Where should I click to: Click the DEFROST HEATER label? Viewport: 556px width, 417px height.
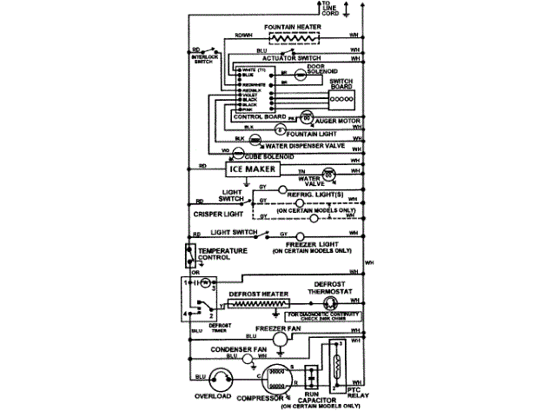260,292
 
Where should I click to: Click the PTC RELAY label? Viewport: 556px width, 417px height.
350,397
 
